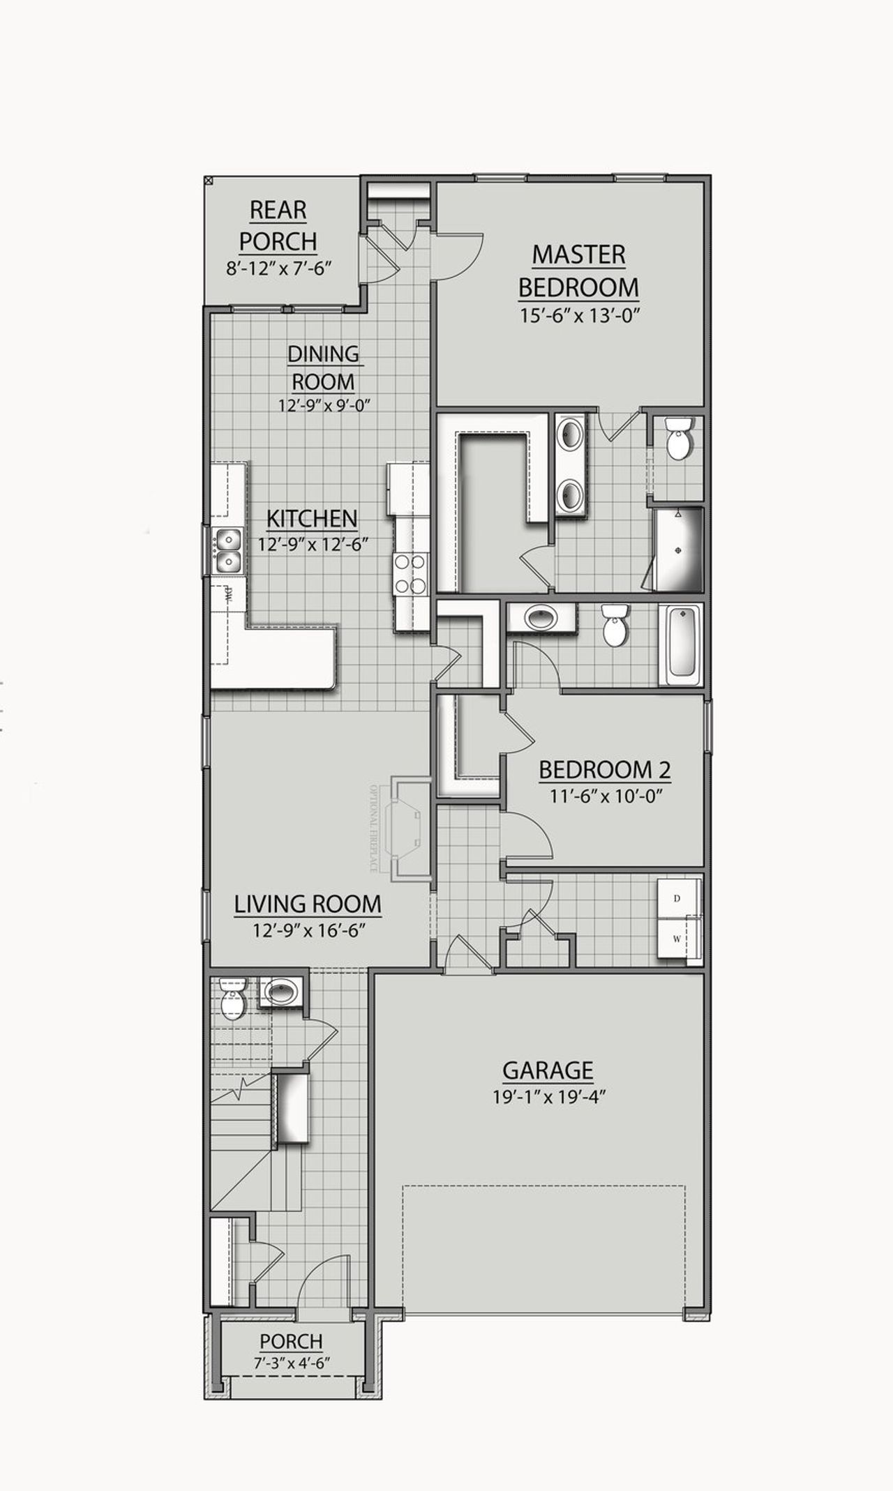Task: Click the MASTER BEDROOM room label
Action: point(578,271)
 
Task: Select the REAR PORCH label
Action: point(278,225)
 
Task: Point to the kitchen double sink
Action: point(227,550)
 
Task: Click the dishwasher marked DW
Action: point(228,594)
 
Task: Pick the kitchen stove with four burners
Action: point(410,573)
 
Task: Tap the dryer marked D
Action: point(677,898)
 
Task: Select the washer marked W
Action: point(677,938)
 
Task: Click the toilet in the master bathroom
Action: point(677,438)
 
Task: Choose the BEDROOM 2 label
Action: point(605,770)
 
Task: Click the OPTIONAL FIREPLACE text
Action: point(373,828)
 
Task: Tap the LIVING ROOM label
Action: point(308,904)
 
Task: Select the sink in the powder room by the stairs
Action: point(281,991)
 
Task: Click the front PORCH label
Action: point(291,1341)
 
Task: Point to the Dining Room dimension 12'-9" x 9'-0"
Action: point(323,405)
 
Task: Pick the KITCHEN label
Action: point(312,518)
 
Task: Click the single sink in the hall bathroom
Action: point(541,617)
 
